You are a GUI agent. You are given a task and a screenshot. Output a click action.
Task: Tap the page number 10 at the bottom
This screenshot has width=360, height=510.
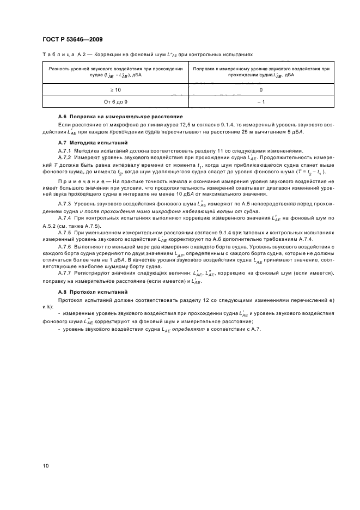click(x=45, y=466)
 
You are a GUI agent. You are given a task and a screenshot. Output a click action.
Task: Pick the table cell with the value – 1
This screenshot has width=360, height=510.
click(x=260, y=102)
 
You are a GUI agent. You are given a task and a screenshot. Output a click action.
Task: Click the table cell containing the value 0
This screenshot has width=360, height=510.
click(x=260, y=89)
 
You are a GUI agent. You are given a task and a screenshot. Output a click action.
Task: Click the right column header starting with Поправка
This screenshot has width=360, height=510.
click(x=260, y=72)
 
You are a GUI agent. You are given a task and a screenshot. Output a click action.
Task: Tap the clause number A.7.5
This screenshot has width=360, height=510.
click(x=65, y=232)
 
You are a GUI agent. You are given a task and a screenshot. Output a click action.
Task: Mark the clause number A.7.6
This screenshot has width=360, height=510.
click(x=65, y=246)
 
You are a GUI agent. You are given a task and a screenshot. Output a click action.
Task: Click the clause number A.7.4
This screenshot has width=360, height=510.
click(x=65, y=218)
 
